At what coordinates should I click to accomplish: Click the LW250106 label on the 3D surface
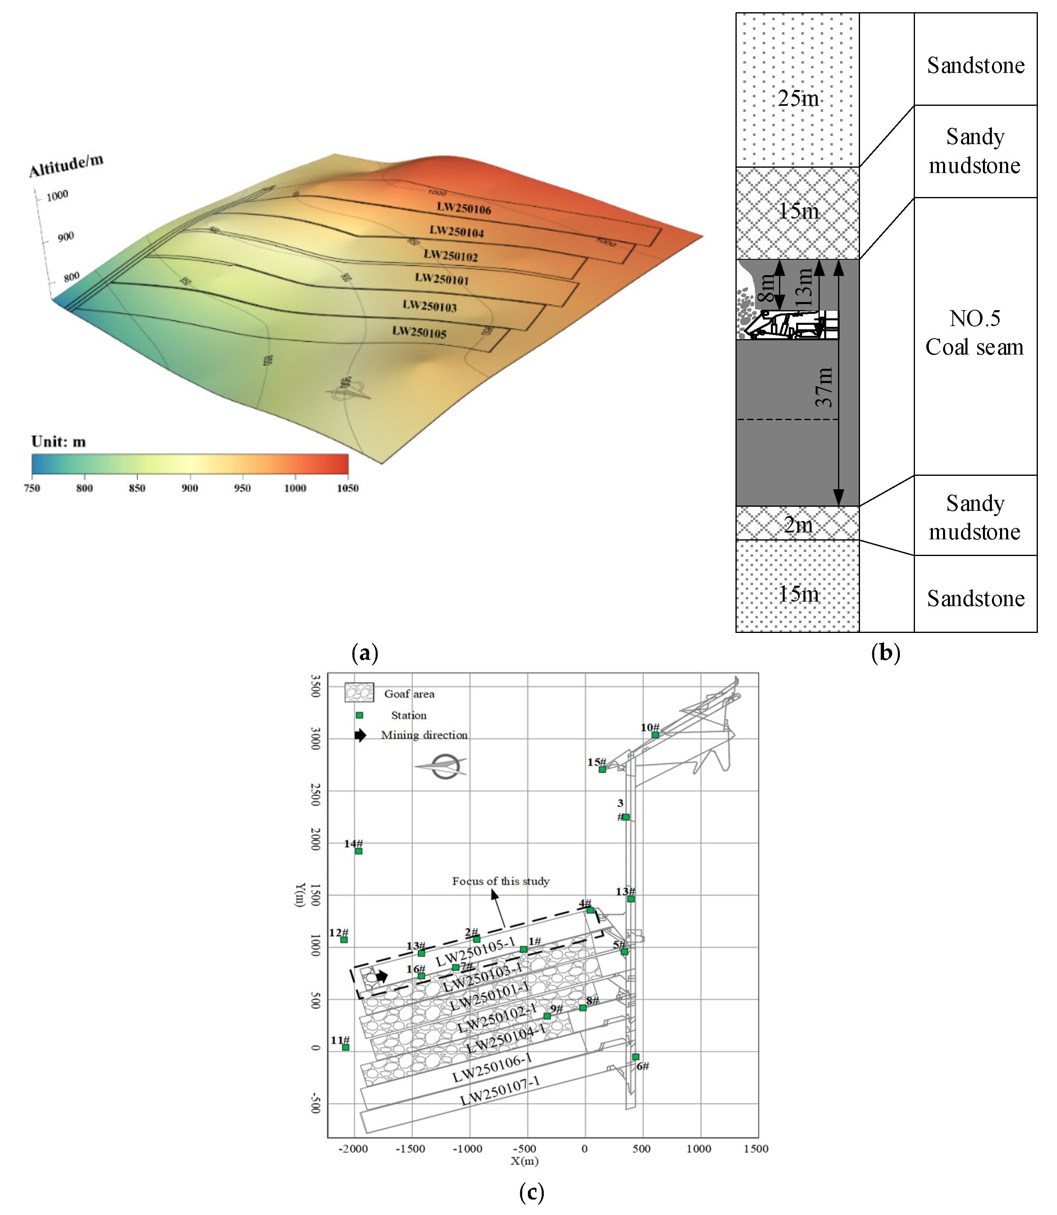[x=464, y=208]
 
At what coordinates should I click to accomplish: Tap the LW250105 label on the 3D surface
[x=419, y=332]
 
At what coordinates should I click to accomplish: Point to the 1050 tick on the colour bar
[x=348, y=488]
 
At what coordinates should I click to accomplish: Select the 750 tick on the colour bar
[x=32, y=488]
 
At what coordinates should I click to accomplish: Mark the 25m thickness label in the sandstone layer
[x=798, y=99]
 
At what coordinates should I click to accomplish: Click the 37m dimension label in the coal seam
[x=824, y=387]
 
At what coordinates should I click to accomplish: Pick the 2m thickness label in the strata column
[x=798, y=524]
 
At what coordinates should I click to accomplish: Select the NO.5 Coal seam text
[x=974, y=333]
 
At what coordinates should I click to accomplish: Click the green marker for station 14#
[x=359, y=851]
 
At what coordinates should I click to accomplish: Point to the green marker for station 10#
[x=655, y=735]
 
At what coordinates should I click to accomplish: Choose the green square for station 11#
[x=346, y=1047]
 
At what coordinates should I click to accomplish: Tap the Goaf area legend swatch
[x=359, y=692]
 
